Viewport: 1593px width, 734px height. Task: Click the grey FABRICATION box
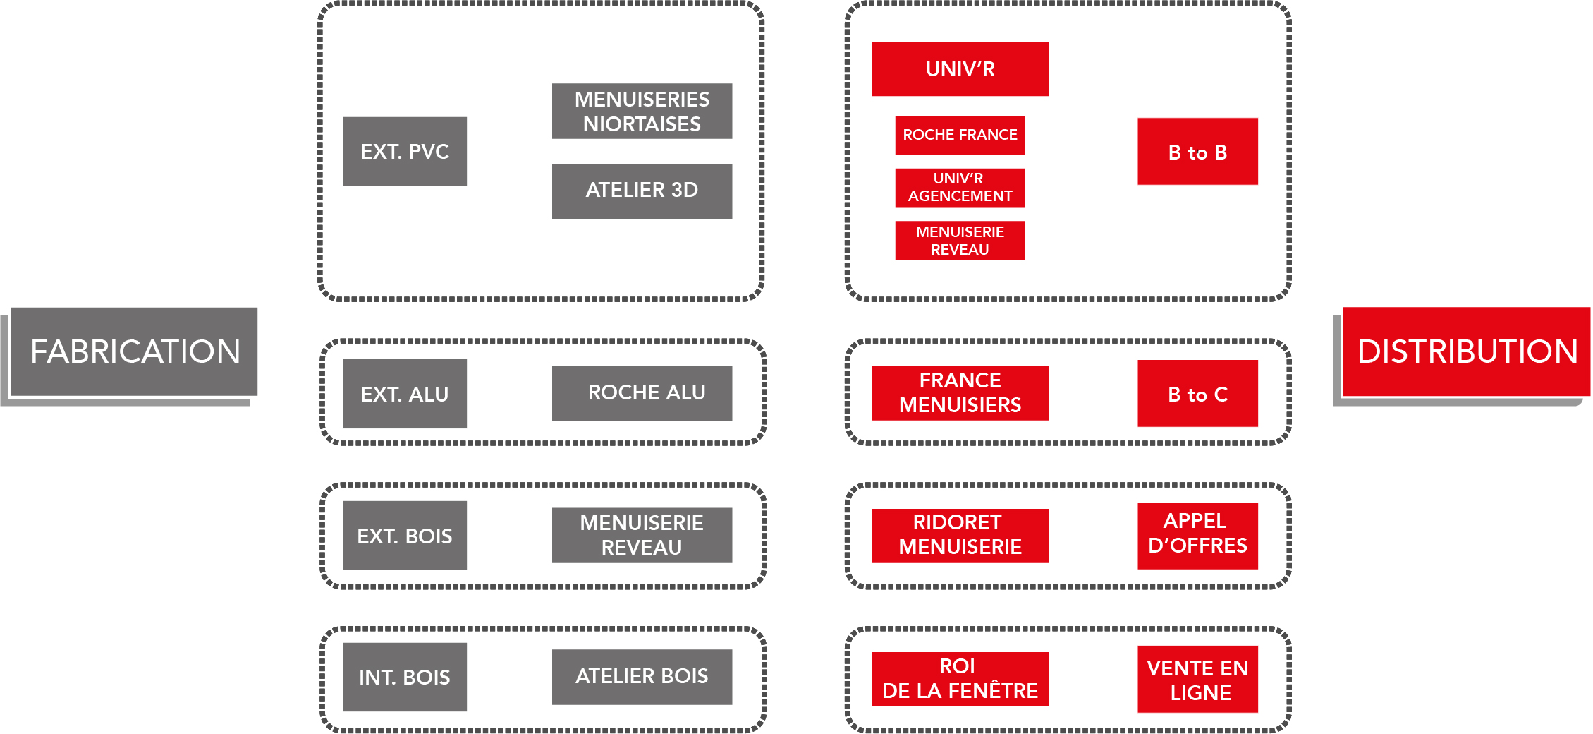click(134, 351)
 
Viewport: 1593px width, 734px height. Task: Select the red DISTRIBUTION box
click(1466, 351)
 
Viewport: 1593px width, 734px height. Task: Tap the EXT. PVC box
click(405, 151)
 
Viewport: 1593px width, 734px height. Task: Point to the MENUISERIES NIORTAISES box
click(642, 112)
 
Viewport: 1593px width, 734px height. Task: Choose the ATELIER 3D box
click(642, 191)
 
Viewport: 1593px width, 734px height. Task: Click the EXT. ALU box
click(405, 394)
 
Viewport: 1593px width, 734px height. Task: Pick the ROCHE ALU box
click(642, 394)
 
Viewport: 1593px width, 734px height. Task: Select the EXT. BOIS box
click(405, 536)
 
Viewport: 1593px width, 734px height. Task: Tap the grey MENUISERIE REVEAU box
click(642, 536)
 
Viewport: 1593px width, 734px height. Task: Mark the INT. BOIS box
click(405, 677)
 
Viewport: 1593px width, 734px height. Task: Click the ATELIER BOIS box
click(642, 677)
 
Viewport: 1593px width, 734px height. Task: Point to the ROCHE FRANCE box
click(960, 136)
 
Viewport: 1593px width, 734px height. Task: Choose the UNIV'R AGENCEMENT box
click(960, 188)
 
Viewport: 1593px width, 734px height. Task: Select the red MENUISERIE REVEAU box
click(960, 241)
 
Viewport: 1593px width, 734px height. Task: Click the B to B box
click(1197, 152)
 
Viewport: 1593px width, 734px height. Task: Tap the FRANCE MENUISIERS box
click(960, 393)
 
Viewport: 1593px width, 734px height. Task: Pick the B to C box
click(1197, 394)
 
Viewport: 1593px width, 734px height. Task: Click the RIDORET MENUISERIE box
click(960, 536)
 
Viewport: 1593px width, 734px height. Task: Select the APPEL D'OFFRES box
click(1197, 536)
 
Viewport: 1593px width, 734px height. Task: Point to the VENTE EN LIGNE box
click(1197, 679)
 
